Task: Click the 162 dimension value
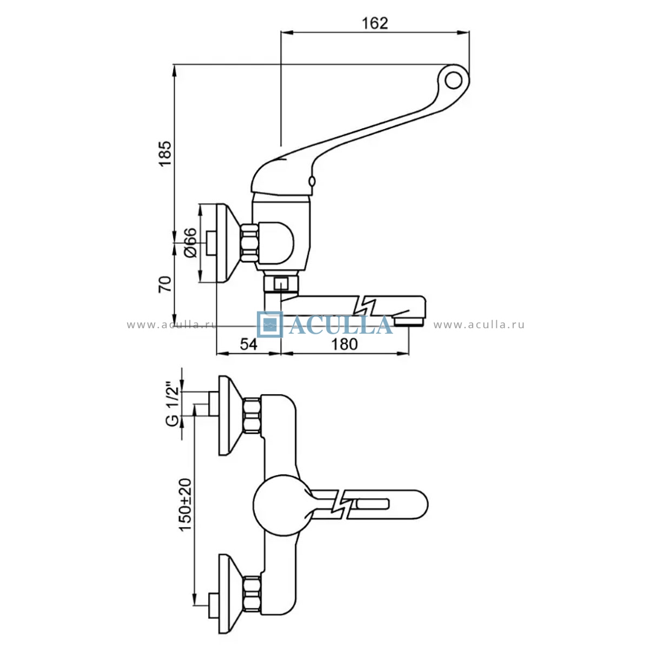click(x=375, y=23)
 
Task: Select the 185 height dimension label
click(x=165, y=154)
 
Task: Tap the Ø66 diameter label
click(x=189, y=242)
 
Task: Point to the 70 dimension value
click(x=165, y=284)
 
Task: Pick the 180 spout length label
click(x=344, y=344)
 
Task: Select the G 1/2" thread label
click(x=173, y=405)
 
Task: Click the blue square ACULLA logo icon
click(x=270, y=325)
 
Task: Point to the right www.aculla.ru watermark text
click(x=479, y=325)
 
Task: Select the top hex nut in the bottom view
click(x=253, y=415)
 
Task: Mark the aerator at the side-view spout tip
click(x=409, y=320)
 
